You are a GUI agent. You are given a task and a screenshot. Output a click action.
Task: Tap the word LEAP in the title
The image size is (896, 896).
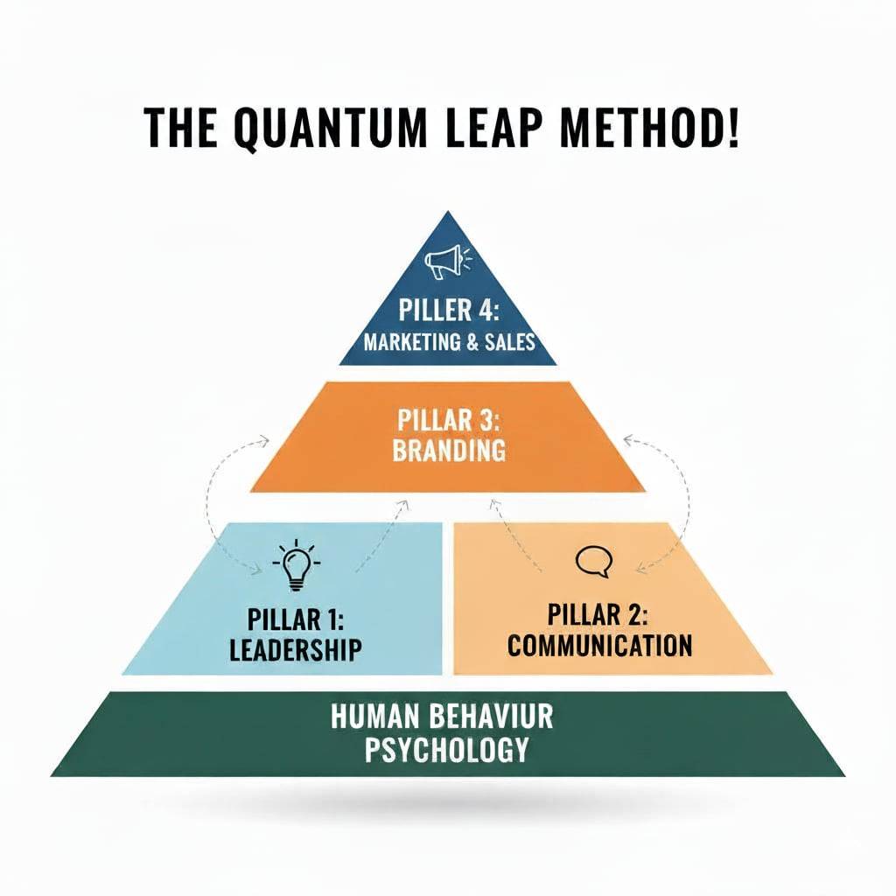click(x=495, y=128)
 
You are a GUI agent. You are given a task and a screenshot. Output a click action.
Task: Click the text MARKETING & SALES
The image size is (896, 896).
click(x=449, y=341)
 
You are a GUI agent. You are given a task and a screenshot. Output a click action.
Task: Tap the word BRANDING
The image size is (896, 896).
click(x=449, y=450)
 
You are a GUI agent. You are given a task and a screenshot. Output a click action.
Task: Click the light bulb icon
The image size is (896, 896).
click(x=297, y=566)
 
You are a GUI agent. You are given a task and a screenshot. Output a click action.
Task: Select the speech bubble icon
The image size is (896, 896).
click(x=593, y=561)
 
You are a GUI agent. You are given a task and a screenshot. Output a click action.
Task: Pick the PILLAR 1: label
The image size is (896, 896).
click(x=297, y=619)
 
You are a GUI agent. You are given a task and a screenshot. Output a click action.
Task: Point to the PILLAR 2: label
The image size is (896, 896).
click(x=600, y=615)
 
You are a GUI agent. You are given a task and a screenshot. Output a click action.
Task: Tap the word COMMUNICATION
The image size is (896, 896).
click(x=600, y=646)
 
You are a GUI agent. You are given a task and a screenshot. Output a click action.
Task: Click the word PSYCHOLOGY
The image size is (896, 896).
click(x=446, y=750)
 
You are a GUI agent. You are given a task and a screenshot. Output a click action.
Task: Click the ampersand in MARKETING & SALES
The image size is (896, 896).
click(x=470, y=341)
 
